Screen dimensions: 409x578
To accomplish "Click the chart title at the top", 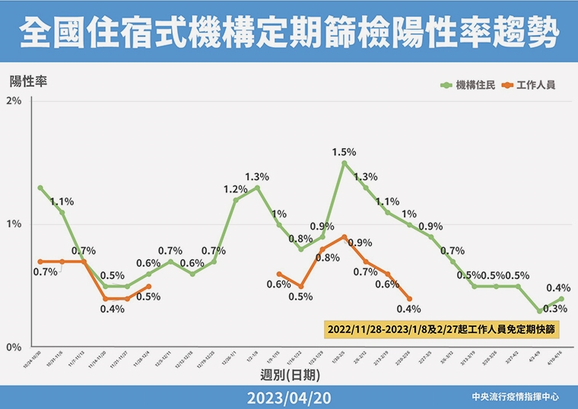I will [289, 32].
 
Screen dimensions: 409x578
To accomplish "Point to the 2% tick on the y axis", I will [14, 102].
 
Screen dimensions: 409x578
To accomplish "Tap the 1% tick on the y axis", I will [14, 225].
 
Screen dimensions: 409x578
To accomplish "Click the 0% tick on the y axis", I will [14, 348].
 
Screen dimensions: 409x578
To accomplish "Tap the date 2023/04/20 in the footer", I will [289, 398].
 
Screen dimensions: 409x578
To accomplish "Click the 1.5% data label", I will [344, 152].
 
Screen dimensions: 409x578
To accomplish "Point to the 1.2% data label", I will [236, 189].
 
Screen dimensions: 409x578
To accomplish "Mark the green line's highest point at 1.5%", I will [344, 163].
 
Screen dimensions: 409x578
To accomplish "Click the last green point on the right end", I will [561, 299].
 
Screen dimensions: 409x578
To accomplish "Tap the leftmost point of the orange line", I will [40, 262].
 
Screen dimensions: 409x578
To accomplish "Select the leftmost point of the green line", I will [40, 188].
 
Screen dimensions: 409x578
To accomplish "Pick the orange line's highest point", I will [344, 236].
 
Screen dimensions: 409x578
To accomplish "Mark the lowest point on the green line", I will [539, 311].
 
